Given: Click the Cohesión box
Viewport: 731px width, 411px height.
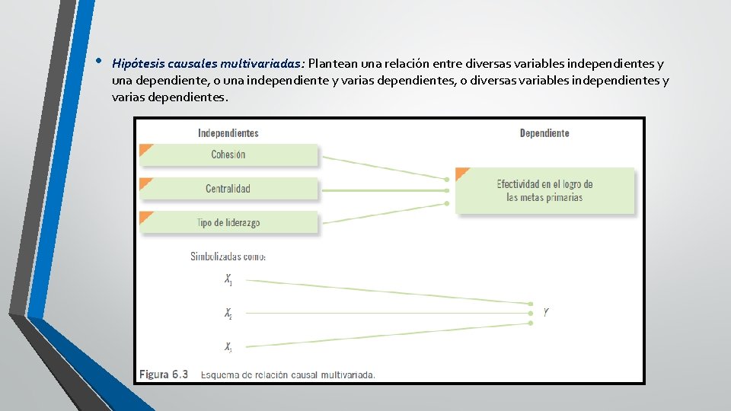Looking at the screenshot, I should (228, 155).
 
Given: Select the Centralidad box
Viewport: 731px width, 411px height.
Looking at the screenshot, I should (228, 189).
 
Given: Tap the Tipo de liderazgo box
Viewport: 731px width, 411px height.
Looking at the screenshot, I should (228, 222).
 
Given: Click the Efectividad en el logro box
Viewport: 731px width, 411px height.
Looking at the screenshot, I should (544, 190).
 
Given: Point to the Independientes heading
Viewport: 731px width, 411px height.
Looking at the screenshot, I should (228, 133).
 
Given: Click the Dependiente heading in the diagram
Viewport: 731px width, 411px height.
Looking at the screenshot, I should (544, 133).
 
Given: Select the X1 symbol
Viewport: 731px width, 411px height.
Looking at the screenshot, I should (228, 280).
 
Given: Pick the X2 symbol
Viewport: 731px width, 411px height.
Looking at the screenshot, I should (228, 313).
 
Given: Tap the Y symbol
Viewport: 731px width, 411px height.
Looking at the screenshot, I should (546, 312).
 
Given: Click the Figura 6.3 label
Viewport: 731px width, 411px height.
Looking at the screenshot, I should (163, 374).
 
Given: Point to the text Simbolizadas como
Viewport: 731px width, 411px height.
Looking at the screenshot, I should (228, 256).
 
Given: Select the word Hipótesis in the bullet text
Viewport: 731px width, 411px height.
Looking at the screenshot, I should (136, 63).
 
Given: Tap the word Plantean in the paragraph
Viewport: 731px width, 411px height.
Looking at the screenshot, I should (334, 63).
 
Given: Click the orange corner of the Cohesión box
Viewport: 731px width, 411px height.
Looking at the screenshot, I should (145, 149).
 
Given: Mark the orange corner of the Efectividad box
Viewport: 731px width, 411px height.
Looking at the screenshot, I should (461, 173).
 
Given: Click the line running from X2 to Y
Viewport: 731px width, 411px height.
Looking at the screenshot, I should (381, 313).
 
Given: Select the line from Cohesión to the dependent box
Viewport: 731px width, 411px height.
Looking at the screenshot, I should (381, 167).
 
